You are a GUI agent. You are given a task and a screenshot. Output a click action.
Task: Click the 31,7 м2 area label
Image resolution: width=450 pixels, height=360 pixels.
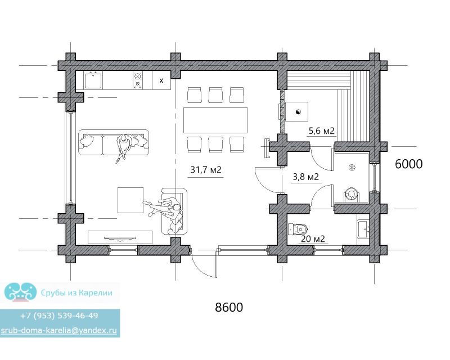(x=206, y=170)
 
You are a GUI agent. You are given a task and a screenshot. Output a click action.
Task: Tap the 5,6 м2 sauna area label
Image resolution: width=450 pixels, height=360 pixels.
(x=321, y=131)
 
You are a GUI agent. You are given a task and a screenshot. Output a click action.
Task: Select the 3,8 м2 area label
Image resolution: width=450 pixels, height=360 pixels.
(x=305, y=177)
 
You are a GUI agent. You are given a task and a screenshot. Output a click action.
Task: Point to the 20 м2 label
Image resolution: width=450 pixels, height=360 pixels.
(x=313, y=238)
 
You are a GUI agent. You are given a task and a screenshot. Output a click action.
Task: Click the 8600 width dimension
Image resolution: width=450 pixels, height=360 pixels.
(x=229, y=307)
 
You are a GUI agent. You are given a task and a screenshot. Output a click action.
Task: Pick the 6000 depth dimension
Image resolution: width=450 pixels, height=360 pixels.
(x=409, y=164)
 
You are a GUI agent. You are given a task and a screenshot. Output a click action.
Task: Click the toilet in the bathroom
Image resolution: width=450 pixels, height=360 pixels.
(x=298, y=229)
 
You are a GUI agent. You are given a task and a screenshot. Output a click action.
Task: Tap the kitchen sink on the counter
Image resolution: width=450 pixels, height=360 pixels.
(x=93, y=80)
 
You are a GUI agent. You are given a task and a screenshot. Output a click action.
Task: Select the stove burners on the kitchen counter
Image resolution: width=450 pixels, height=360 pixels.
(x=138, y=80)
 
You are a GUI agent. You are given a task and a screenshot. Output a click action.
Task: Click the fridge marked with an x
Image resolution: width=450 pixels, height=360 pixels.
(x=161, y=80)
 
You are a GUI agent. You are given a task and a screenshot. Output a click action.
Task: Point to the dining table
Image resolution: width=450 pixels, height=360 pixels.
(x=215, y=120)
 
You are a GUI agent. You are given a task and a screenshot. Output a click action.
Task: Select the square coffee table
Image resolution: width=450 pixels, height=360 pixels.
(x=130, y=200)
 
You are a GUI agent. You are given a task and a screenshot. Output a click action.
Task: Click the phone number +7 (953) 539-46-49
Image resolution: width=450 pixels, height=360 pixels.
(x=59, y=316)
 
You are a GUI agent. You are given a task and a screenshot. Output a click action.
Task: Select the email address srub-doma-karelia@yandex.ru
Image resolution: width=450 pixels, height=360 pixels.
(x=59, y=330)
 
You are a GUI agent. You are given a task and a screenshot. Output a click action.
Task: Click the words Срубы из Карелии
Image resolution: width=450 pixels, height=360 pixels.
(x=76, y=293)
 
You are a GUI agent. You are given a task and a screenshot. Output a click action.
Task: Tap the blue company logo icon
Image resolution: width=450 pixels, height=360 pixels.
(x=20, y=292)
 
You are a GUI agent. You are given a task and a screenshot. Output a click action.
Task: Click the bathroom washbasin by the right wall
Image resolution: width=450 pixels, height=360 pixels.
(x=363, y=229)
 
